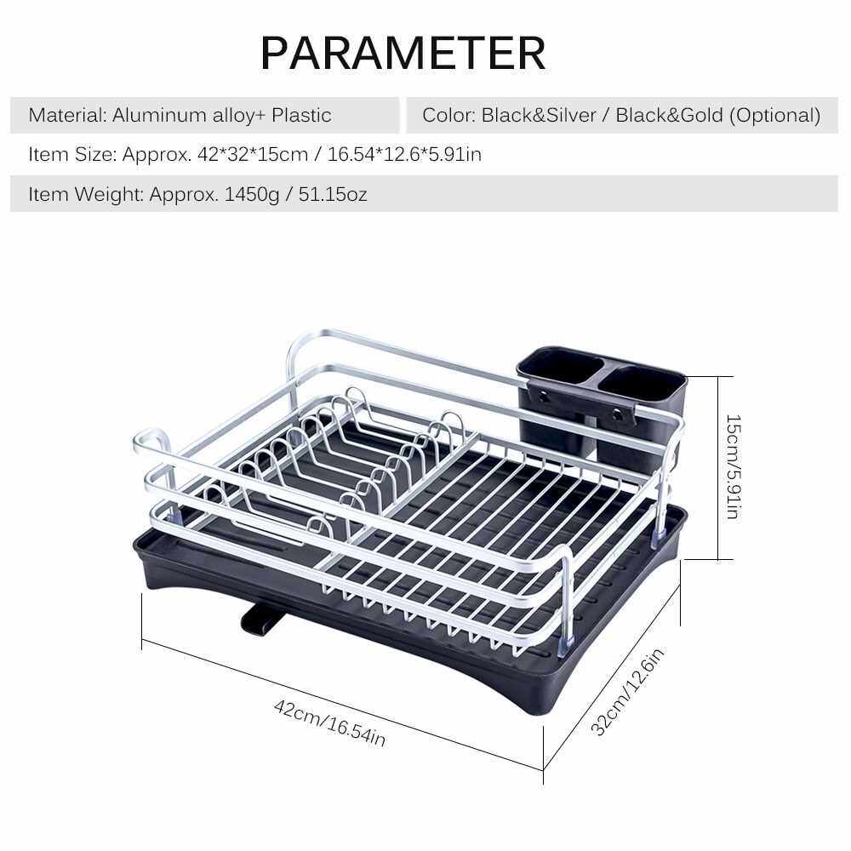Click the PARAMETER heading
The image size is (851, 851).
pyautogui.click(x=403, y=53)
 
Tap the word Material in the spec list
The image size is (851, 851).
pyautogui.click(x=66, y=115)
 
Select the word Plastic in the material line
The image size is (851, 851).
pyautogui.click(x=302, y=115)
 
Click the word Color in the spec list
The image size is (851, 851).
pyautogui.click(x=448, y=115)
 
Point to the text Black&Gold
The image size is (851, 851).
pyautogui.click(x=669, y=115)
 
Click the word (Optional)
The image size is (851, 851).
pyautogui.click(x=775, y=116)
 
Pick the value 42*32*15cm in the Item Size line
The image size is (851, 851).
pyautogui.click(x=253, y=155)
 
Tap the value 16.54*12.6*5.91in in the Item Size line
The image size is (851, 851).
pyautogui.click(x=404, y=155)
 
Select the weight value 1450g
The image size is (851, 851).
pyautogui.click(x=251, y=194)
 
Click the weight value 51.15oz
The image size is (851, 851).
pyautogui.click(x=333, y=194)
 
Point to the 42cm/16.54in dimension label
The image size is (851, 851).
pyautogui.click(x=330, y=722)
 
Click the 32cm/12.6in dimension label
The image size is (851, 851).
pyautogui.click(x=627, y=691)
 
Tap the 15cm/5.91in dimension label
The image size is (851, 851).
pyautogui.click(x=733, y=466)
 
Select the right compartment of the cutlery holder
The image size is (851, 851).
pyautogui.click(x=642, y=380)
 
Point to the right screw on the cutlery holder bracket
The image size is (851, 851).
pyautogui.click(x=618, y=415)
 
